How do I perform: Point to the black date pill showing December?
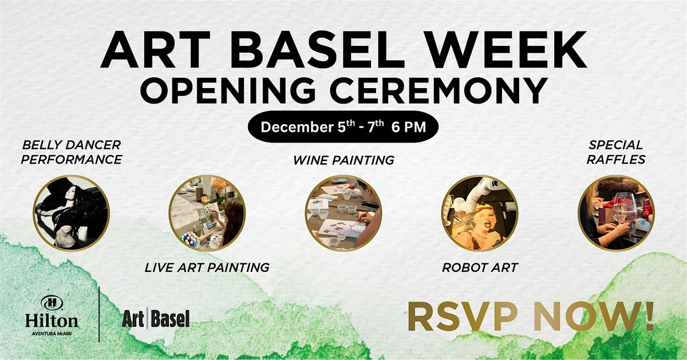(x=343, y=126)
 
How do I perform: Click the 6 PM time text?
(x=409, y=127)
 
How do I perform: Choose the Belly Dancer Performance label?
(x=71, y=152)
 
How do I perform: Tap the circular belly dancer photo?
(x=71, y=213)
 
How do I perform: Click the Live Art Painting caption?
(x=207, y=267)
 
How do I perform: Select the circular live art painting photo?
(x=207, y=213)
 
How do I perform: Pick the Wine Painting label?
(x=343, y=160)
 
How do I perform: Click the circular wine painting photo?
(x=343, y=213)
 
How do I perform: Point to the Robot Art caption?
(x=480, y=267)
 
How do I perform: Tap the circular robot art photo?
(x=480, y=213)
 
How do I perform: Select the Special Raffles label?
(x=615, y=152)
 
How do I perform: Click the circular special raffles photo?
(x=615, y=213)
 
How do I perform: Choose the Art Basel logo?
(x=156, y=319)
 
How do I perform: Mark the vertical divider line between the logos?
(x=100, y=314)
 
